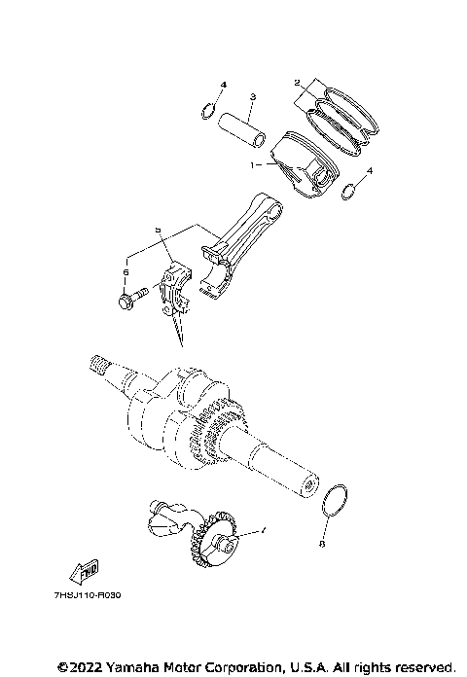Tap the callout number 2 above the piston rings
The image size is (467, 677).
pyautogui.click(x=297, y=84)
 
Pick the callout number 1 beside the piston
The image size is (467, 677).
pyautogui.click(x=253, y=165)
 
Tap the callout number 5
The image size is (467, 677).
pyautogui.click(x=156, y=230)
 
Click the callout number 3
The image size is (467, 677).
pyautogui.click(x=251, y=97)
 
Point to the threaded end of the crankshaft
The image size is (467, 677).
pyautogui.click(x=98, y=366)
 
